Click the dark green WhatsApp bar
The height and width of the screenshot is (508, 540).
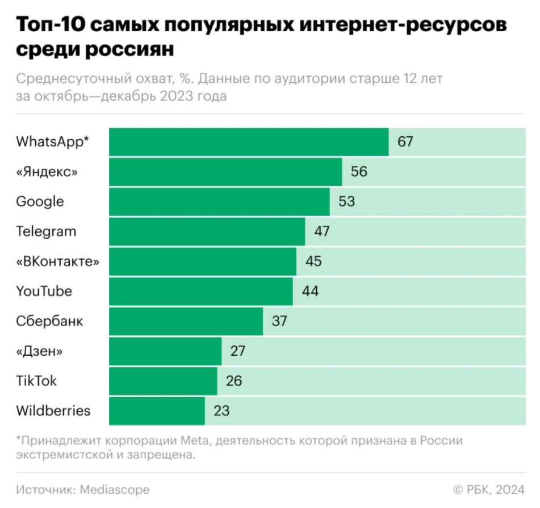(249, 142)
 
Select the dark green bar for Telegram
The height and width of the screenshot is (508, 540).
(207, 232)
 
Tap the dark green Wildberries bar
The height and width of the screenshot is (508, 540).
(157, 411)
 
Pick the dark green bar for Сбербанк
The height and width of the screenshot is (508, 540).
(186, 322)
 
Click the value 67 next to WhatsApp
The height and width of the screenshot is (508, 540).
(405, 142)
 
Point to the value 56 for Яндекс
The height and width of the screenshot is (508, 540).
(359, 172)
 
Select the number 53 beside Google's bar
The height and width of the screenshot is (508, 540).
(346, 202)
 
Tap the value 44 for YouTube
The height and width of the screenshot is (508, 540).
(310, 292)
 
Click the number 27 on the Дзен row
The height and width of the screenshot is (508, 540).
(238, 351)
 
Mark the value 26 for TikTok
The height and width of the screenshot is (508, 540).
(234, 381)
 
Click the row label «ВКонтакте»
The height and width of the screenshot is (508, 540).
(58, 261)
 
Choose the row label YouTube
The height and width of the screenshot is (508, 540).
(44, 292)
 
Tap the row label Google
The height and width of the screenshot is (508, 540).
(40, 202)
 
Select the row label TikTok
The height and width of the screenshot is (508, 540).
(36, 381)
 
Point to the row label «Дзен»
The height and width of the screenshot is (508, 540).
(39, 351)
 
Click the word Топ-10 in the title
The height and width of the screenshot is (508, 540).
(50, 27)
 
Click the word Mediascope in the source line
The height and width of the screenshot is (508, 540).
(115, 489)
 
